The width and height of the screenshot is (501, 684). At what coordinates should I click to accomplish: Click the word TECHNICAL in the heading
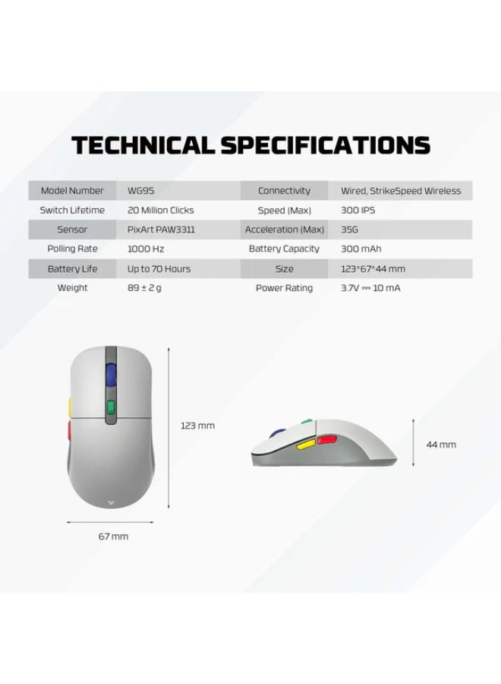tap(143, 145)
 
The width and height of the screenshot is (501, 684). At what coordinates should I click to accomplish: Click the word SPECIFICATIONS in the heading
tap(326, 145)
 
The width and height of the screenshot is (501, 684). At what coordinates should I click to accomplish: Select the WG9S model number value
tap(140, 191)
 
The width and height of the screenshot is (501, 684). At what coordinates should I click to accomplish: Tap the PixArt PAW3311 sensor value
tap(161, 230)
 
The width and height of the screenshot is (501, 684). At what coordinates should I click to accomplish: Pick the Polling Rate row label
tap(72, 249)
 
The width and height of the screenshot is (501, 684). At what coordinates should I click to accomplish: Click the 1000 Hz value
tap(146, 249)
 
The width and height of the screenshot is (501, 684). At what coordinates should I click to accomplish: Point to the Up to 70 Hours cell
tap(159, 269)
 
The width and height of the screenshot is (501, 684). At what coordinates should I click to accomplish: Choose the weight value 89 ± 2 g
tap(144, 288)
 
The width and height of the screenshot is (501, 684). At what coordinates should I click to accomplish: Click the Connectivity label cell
tap(284, 191)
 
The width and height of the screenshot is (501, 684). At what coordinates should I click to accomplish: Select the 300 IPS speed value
tap(358, 211)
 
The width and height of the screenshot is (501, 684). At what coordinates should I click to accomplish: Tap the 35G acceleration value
tap(349, 230)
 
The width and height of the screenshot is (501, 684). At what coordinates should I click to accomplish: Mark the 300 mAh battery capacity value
tap(361, 249)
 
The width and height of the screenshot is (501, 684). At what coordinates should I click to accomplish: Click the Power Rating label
tap(284, 288)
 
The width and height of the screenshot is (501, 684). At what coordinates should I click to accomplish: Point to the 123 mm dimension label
tap(198, 426)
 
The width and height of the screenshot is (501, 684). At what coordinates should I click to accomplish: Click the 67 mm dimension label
tap(113, 537)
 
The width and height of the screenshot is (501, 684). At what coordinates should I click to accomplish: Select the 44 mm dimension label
tap(441, 445)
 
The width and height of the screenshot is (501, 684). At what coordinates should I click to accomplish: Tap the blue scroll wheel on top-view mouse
tap(111, 375)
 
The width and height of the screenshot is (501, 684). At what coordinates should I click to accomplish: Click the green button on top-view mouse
tap(111, 407)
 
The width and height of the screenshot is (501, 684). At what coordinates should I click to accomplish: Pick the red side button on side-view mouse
tap(326, 440)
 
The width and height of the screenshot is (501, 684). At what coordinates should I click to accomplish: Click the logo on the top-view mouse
tap(111, 503)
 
